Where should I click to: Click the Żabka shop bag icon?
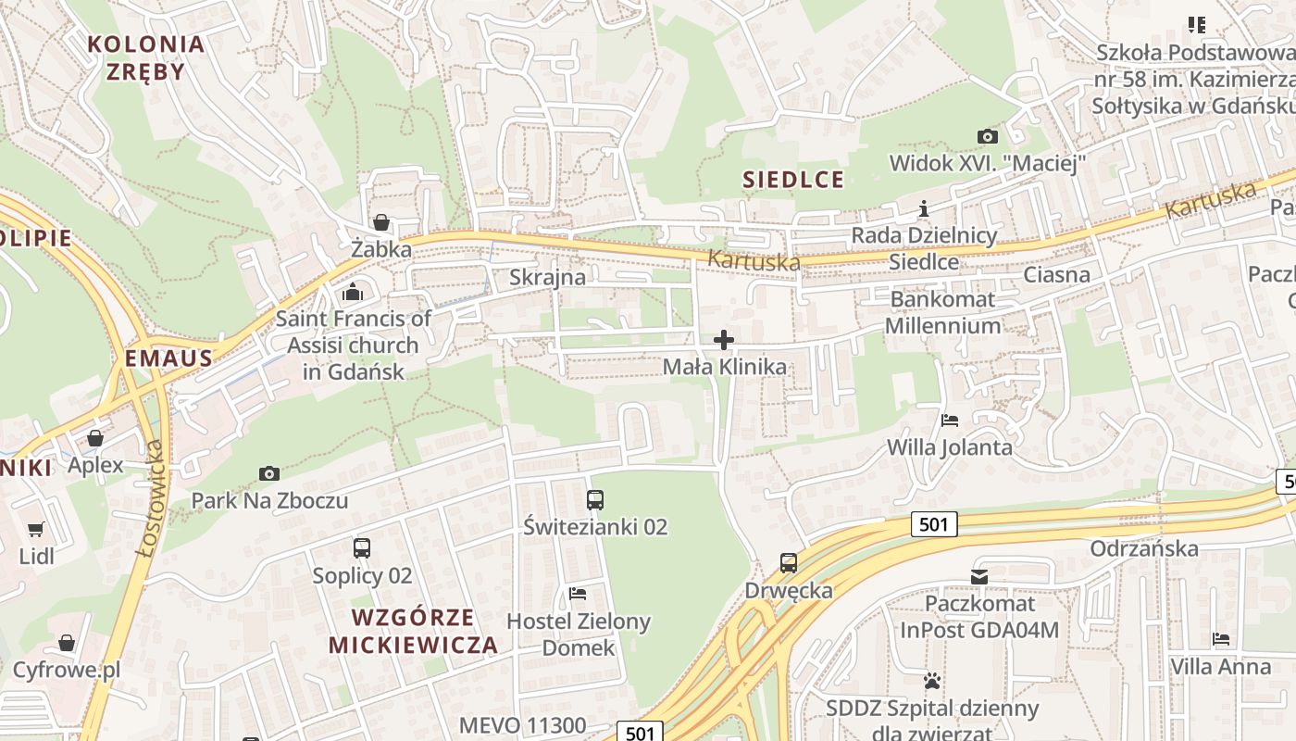coord(380,222)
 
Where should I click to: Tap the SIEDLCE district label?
coord(794,180)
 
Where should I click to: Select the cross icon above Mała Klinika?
coord(724,340)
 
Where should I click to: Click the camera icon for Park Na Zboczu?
coord(269,473)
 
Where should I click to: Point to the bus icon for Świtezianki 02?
coord(595,500)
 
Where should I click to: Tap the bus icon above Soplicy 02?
coord(362,548)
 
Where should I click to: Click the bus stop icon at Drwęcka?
coord(789,563)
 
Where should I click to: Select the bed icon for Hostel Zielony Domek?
coord(579,593)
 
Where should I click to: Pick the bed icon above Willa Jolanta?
coord(950,421)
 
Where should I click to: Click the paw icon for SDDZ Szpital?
coord(932,681)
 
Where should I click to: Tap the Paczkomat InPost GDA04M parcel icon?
coord(979,577)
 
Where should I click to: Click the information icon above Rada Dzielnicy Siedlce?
coord(923,208)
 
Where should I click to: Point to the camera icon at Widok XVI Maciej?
coord(988,137)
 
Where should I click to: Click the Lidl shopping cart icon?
coord(36,530)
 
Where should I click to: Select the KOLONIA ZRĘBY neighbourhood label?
coord(145,57)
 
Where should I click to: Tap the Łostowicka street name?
coord(151,498)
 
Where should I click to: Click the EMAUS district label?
coord(169,358)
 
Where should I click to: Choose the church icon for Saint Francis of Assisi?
coord(353,294)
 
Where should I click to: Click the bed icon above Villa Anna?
coord(1221,639)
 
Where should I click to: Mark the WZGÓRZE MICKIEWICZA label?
coord(413,631)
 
